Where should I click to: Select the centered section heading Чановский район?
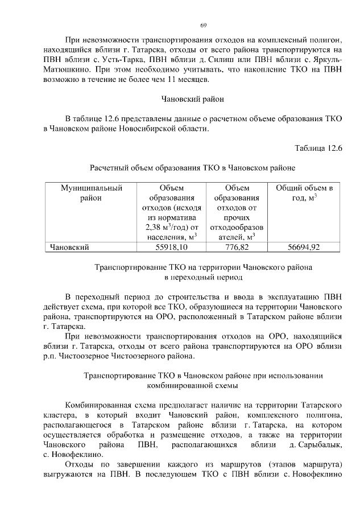[x=193, y=98]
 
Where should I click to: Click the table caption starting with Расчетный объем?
[x=193, y=168]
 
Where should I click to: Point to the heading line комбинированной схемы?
[x=193, y=385]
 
